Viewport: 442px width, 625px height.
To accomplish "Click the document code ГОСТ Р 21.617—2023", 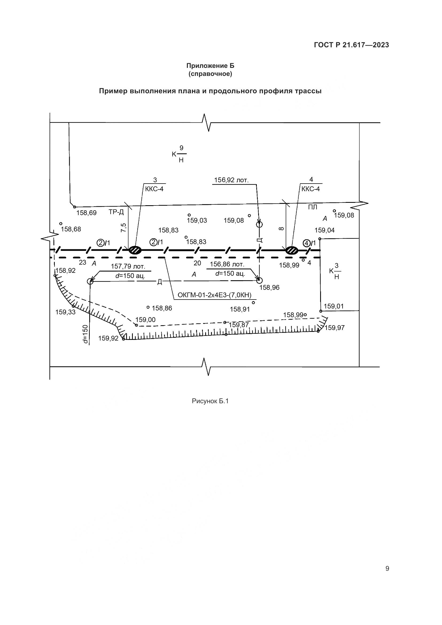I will (x=351, y=45).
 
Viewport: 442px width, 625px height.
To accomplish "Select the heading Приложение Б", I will (x=210, y=66).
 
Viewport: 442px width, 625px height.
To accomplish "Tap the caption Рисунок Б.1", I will (x=210, y=401).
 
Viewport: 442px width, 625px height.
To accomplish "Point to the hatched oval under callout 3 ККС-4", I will (x=135, y=250).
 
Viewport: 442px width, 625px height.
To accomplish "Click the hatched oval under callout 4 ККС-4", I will (x=292, y=250).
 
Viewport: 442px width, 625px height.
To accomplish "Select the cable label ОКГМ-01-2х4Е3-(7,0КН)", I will (x=215, y=295).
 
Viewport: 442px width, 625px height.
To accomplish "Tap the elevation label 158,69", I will (x=86, y=213).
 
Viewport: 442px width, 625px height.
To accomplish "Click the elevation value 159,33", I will (x=65, y=312).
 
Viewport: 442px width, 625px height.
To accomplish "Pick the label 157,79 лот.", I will (x=128, y=266).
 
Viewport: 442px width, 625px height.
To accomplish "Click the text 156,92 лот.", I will (x=231, y=180).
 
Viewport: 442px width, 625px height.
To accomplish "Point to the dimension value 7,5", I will (x=123, y=227).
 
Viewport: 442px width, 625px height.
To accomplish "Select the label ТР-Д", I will (x=116, y=212).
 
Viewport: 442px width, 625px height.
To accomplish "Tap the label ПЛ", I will (x=312, y=207).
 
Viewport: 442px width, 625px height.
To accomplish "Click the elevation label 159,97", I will (x=335, y=328).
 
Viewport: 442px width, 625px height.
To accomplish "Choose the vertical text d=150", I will (x=86, y=334).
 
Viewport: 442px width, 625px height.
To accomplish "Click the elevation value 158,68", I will (x=71, y=229).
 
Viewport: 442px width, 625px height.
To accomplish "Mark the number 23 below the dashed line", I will (x=83, y=262).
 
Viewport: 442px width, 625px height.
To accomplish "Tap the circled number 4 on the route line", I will (x=307, y=243).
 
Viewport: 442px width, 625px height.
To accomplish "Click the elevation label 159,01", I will (x=334, y=306).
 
